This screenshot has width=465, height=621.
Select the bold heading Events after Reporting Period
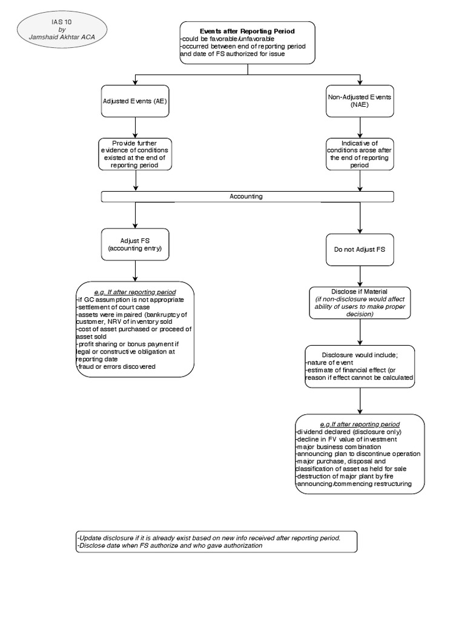click(247, 31)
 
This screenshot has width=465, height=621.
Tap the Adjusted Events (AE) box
click(134, 101)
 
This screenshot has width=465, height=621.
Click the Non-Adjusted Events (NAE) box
click(360, 101)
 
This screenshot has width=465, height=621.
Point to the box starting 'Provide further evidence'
click(135, 154)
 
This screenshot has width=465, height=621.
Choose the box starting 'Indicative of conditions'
click(360, 154)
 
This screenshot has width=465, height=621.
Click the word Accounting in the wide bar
click(246, 196)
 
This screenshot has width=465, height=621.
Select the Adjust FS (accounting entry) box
click(134, 244)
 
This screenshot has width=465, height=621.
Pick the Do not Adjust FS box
click(360, 249)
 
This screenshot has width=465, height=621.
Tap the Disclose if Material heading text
click(360, 292)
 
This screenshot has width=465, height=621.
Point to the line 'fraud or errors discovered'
click(116, 366)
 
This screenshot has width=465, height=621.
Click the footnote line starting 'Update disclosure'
click(208, 537)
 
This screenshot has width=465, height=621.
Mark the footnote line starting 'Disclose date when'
click(170, 545)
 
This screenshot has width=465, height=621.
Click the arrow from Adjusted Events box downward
click(135, 126)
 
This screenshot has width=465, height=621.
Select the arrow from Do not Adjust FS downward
click(360, 276)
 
